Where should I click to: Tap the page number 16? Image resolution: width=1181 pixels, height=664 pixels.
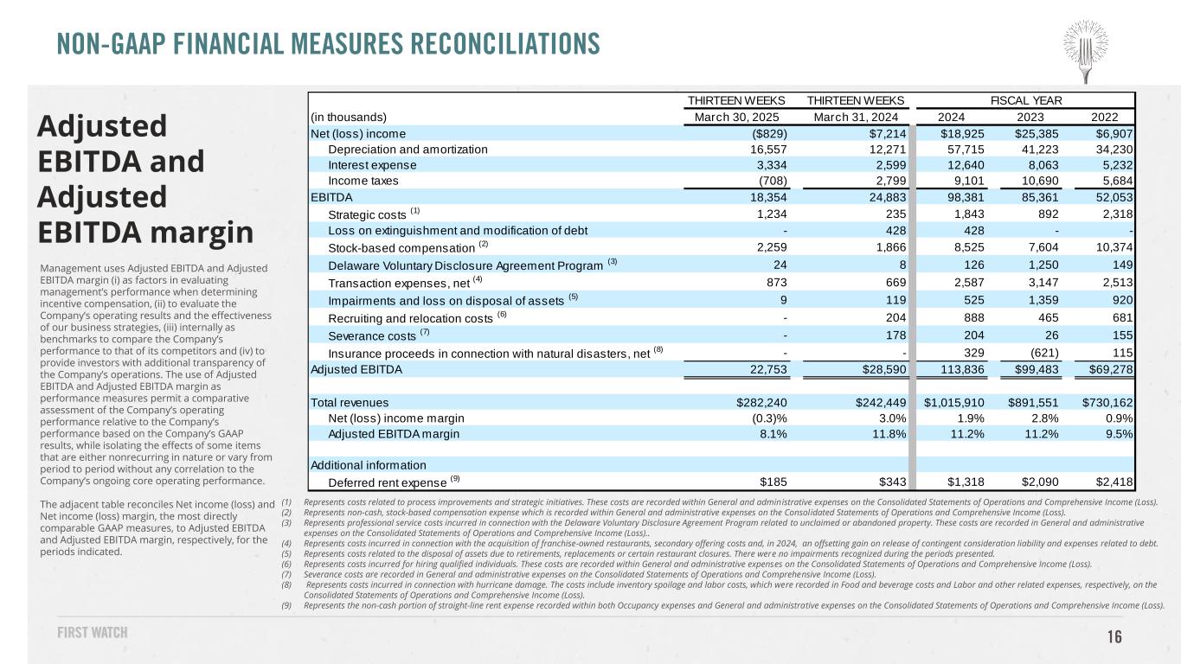click(1114, 637)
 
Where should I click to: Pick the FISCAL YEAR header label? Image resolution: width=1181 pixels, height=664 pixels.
click(1027, 100)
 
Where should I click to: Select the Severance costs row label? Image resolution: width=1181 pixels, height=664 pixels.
click(372, 335)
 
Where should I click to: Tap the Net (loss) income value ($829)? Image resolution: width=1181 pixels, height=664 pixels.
click(767, 133)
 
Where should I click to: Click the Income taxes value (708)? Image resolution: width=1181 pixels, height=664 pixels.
click(770, 182)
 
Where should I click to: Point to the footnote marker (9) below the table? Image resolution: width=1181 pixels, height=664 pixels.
click(286, 605)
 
